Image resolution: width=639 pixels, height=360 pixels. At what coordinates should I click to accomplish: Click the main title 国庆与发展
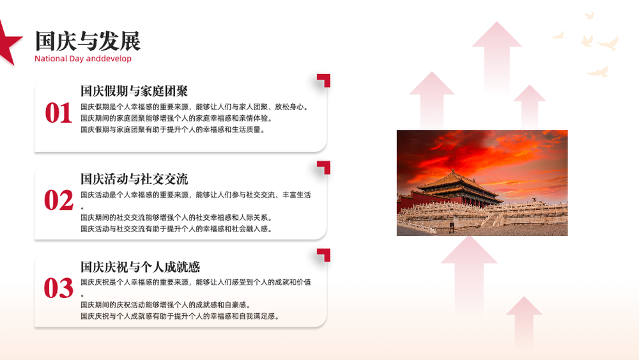click(88, 41)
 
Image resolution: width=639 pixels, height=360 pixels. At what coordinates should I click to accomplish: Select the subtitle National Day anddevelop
click(83, 59)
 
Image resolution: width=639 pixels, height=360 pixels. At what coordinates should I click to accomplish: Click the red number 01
click(58, 113)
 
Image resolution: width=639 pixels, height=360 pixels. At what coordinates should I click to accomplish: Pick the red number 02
click(59, 200)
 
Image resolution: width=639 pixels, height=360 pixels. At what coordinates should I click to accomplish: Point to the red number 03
click(59, 288)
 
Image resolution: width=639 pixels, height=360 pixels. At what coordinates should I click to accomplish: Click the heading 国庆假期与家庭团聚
click(134, 91)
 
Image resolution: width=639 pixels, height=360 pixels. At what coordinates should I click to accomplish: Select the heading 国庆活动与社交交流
click(134, 178)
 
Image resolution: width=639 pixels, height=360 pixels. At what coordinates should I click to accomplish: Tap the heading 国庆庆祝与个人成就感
click(140, 267)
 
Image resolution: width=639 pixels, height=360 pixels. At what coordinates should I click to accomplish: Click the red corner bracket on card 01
click(325, 79)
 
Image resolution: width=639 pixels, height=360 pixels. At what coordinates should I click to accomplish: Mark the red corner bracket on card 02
click(325, 166)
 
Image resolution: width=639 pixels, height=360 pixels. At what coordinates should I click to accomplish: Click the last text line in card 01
click(173, 130)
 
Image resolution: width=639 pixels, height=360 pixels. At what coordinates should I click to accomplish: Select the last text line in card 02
click(176, 229)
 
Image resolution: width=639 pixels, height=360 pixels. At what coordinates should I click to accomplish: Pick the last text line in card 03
click(180, 316)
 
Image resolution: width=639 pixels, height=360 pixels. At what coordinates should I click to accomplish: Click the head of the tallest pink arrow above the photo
click(497, 35)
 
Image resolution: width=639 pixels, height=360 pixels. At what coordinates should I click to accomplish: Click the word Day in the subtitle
click(76, 59)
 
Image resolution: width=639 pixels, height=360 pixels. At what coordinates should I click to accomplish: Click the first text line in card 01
click(194, 107)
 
